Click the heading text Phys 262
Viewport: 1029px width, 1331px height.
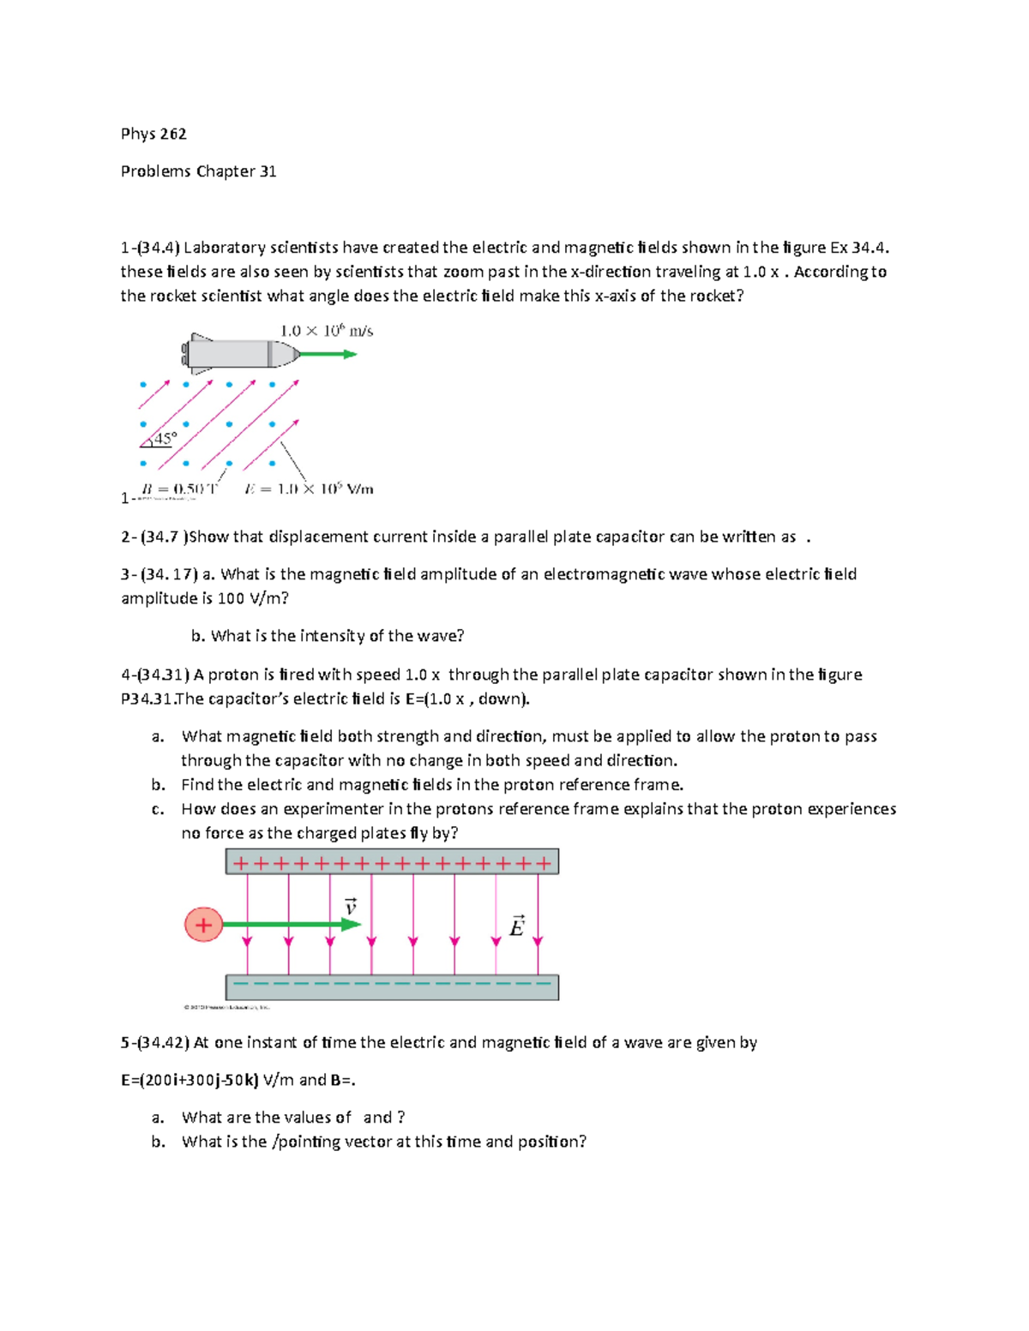click(153, 134)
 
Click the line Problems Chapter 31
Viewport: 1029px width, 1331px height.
click(198, 171)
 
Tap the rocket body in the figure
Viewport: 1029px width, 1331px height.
click(232, 353)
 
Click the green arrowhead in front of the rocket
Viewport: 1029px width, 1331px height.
click(350, 354)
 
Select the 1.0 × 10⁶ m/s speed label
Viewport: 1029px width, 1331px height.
click(327, 331)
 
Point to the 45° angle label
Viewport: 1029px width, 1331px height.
click(165, 438)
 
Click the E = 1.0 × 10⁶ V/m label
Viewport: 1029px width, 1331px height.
click(309, 489)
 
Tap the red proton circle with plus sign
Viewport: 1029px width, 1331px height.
click(203, 925)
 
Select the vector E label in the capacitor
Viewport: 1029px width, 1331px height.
click(516, 926)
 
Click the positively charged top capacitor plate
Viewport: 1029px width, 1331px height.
click(392, 862)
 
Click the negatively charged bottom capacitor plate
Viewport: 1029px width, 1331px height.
click(392, 986)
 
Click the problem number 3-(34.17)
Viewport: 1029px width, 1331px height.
click(159, 574)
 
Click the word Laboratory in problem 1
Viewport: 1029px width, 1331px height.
click(225, 248)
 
